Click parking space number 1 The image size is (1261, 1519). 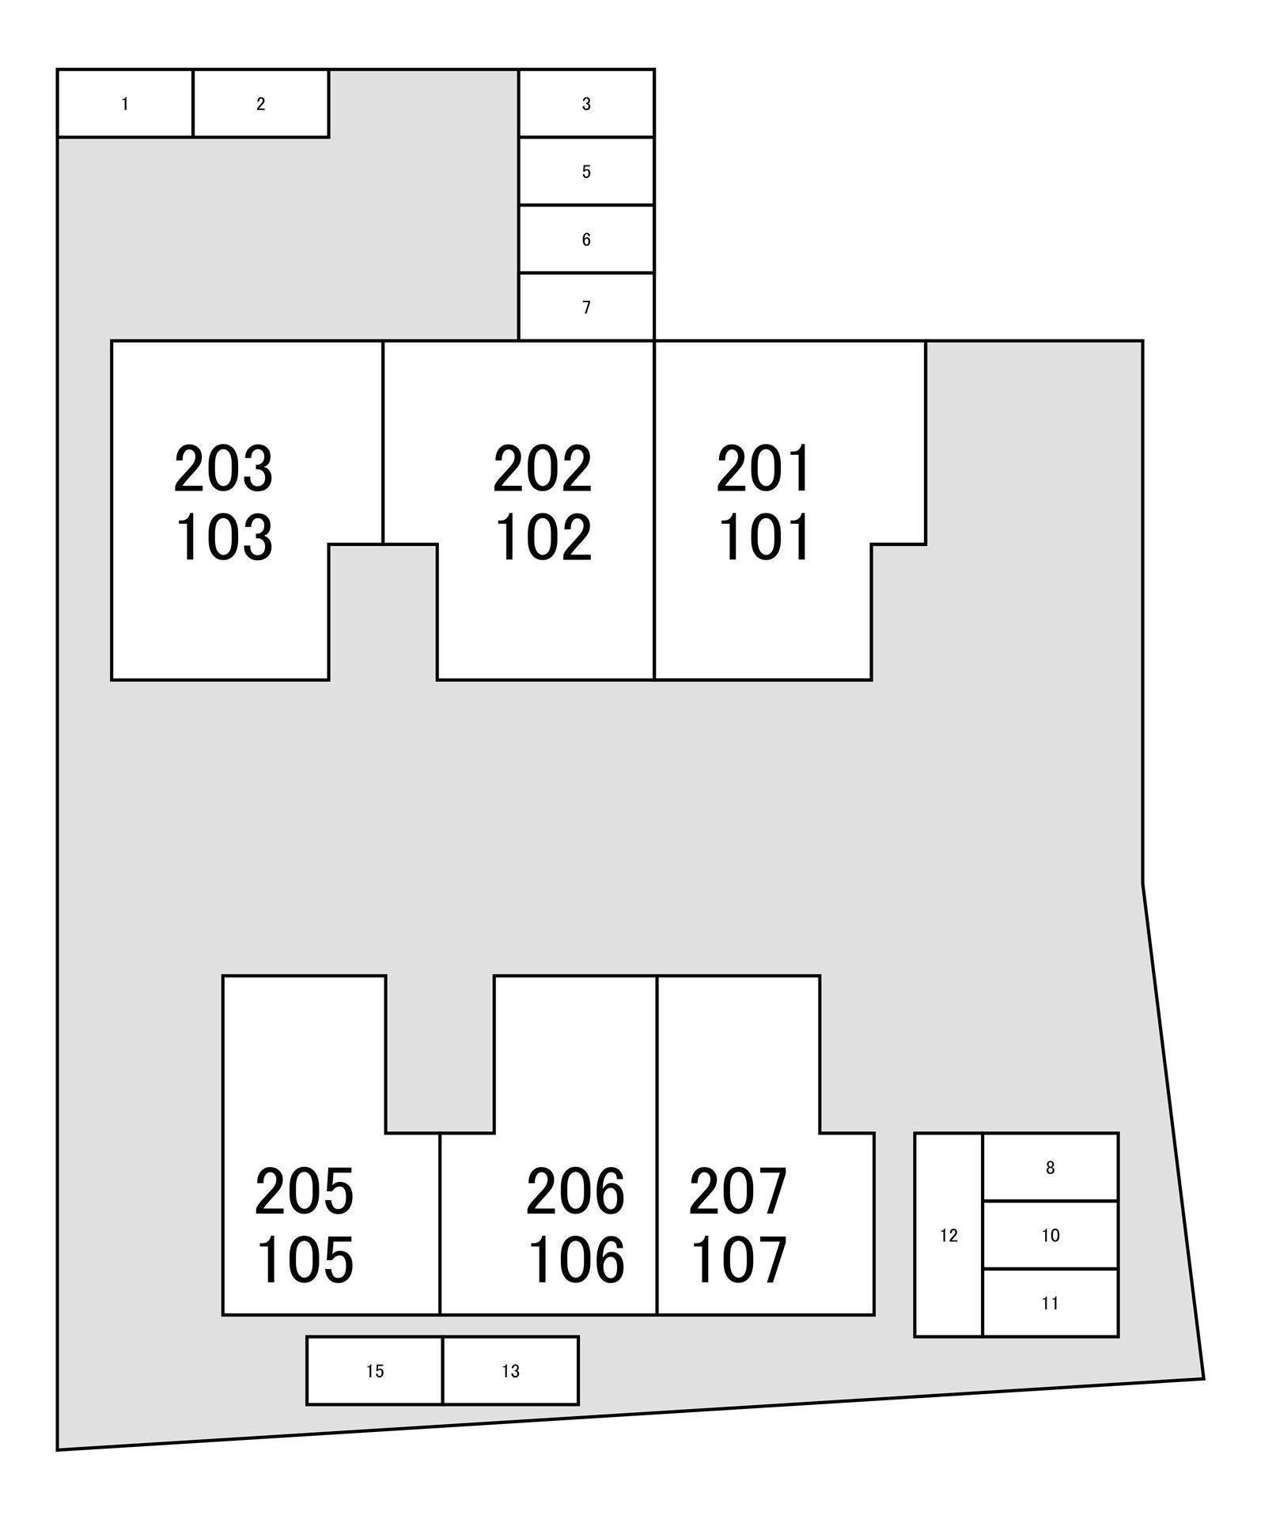point(125,104)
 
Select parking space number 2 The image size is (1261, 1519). point(261,104)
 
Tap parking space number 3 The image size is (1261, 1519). point(586,104)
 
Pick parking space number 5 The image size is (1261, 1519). point(586,172)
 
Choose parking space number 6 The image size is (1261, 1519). point(586,240)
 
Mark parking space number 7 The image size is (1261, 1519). point(586,307)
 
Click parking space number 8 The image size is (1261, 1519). point(1051,1167)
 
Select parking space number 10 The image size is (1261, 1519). point(1051,1235)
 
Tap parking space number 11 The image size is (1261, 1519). point(1051,1303)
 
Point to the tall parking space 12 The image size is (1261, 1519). point(949,1235)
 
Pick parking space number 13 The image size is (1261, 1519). point(511,1371)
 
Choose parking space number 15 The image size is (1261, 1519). point(375,1371)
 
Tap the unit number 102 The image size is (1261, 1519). point(543,537)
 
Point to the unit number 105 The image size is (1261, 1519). point(305,1260)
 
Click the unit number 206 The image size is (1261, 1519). point(575,1191)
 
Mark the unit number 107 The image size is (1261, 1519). point(739,1260)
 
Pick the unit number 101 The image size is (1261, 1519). point(764,537)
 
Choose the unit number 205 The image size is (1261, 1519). point(305,1191)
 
